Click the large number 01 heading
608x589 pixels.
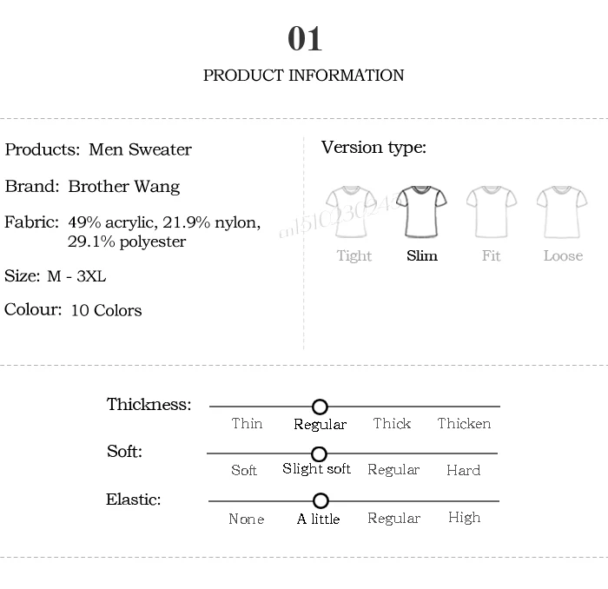point(305,39)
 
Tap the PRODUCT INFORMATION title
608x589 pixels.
point(303,76)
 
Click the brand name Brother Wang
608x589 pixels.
point(124,187)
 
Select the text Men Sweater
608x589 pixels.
point(140,149)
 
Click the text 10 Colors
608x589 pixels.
point(106,310)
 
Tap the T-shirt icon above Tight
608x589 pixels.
point(352,210)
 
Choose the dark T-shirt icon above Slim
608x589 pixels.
point(422,210)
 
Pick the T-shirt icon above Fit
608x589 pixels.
point(492,210)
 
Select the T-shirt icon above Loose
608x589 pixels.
point(562,210)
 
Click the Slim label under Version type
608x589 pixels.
point(422,256)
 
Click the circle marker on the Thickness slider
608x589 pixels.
point(320,407)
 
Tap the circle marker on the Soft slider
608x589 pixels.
point(319,454)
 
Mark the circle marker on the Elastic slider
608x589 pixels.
point(321,501)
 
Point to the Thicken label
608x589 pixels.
point(464,424)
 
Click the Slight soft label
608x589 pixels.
point(316,469)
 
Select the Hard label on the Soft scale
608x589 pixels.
point(463,470)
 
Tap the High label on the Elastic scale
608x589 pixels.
point(464,518)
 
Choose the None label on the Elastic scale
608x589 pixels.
point(246,520)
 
